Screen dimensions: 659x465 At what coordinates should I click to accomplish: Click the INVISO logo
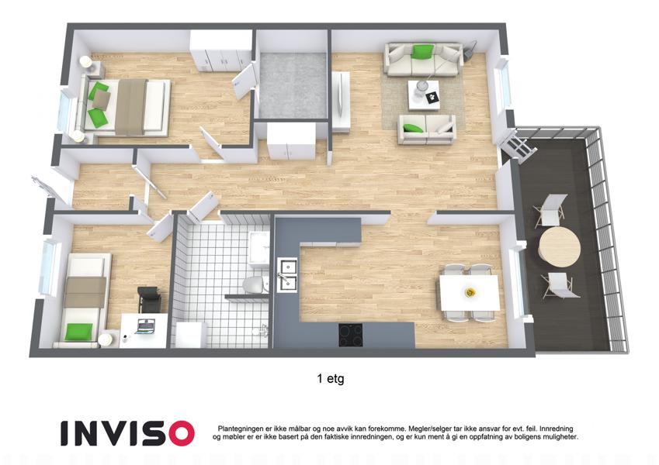pyautogui.click(x=127, y=433)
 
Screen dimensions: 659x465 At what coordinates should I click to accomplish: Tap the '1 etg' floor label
pyautogui.click(x=331, y=379)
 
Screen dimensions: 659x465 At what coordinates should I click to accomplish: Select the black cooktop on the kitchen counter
pyautogui.click(x=351, y=335)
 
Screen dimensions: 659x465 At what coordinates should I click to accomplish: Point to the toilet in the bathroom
pyautogui.click(x=256, y=284)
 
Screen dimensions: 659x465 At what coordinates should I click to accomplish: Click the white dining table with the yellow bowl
pyautogui.click(x=470, y=292)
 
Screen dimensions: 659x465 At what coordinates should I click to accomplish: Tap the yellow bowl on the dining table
pyautogui.click(x=470, y=291)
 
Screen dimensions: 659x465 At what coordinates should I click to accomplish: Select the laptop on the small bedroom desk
pyautogui.click(x=145, y=326)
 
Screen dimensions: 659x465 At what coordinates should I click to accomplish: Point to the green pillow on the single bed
pyautogui.click(x=78, y=332)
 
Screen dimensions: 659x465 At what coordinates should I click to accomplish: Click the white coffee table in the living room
pyautogui.click(x=424, y=95)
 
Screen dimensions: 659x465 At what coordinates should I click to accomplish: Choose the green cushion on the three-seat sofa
pyautogui.click(x=423, y=52)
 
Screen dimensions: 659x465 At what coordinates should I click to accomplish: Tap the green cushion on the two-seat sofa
pyautogui.click(x=413, y=128)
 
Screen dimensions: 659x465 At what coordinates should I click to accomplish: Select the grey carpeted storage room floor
pyautogui.click(x=293, y=85)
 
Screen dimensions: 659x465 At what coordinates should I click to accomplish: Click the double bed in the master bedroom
pyautogui.click(x=126, y=107)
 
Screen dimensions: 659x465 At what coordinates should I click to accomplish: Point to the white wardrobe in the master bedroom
pyautogui.click(x=221, y=50)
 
